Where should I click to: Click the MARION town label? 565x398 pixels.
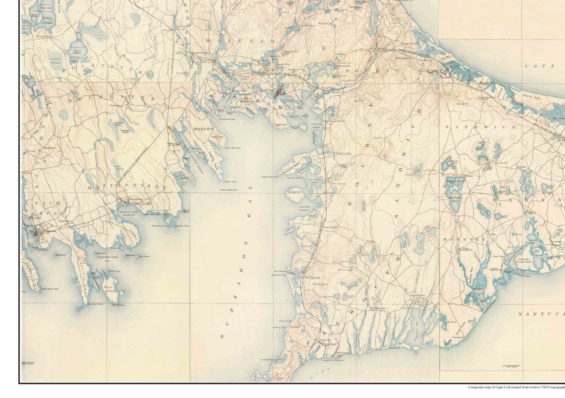(204, 129)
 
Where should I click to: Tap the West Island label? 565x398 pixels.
(110, 289)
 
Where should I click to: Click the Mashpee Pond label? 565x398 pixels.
(454, 199)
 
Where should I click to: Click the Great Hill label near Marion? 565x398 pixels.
(217, 137)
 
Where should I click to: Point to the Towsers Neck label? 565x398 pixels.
(125, 131)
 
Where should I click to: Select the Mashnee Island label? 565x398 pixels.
(295, 128)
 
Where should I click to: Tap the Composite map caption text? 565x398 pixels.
(516, 387)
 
